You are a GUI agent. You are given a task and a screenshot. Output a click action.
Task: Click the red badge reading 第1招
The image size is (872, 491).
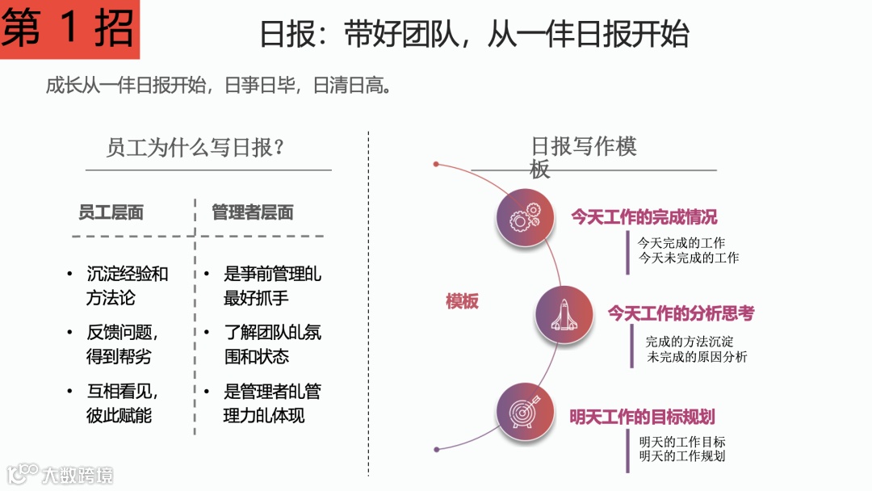coord(69,29)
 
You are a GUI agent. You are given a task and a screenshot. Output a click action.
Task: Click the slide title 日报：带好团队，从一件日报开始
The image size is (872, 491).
coord(474,35)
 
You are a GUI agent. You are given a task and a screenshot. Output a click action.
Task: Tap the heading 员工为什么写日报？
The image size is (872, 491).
coord(199,149)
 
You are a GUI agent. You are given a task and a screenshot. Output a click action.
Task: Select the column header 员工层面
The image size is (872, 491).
coord(111,212)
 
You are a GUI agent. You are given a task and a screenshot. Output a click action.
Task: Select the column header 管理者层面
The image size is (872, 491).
coord(252,212)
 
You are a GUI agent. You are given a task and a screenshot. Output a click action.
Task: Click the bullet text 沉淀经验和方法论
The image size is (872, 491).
coord(127,285)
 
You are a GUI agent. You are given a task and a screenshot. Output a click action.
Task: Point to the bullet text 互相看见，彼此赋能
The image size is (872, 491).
coord(123,403)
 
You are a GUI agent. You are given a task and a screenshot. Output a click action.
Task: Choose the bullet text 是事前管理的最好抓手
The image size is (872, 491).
coord(271,285)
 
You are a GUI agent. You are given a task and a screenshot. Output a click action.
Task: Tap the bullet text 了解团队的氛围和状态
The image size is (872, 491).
coord(272,344)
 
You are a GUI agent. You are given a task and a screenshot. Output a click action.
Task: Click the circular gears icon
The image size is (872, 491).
coord(526,216)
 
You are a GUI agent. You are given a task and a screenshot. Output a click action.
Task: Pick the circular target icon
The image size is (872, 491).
coord(525,412)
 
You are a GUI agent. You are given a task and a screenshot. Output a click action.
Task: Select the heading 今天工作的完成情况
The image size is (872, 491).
coord(644,216)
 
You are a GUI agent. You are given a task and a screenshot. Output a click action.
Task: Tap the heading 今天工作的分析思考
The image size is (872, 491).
coord(681,313)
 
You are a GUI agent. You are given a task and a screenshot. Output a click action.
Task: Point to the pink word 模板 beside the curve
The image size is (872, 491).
coord(462,302)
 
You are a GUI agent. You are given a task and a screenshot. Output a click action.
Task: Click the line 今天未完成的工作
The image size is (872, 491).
coord(688,258)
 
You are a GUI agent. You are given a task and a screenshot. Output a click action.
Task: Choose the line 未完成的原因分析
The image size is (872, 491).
coord(697,357)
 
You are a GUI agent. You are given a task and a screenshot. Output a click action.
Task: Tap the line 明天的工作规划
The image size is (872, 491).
coord(681,456)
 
